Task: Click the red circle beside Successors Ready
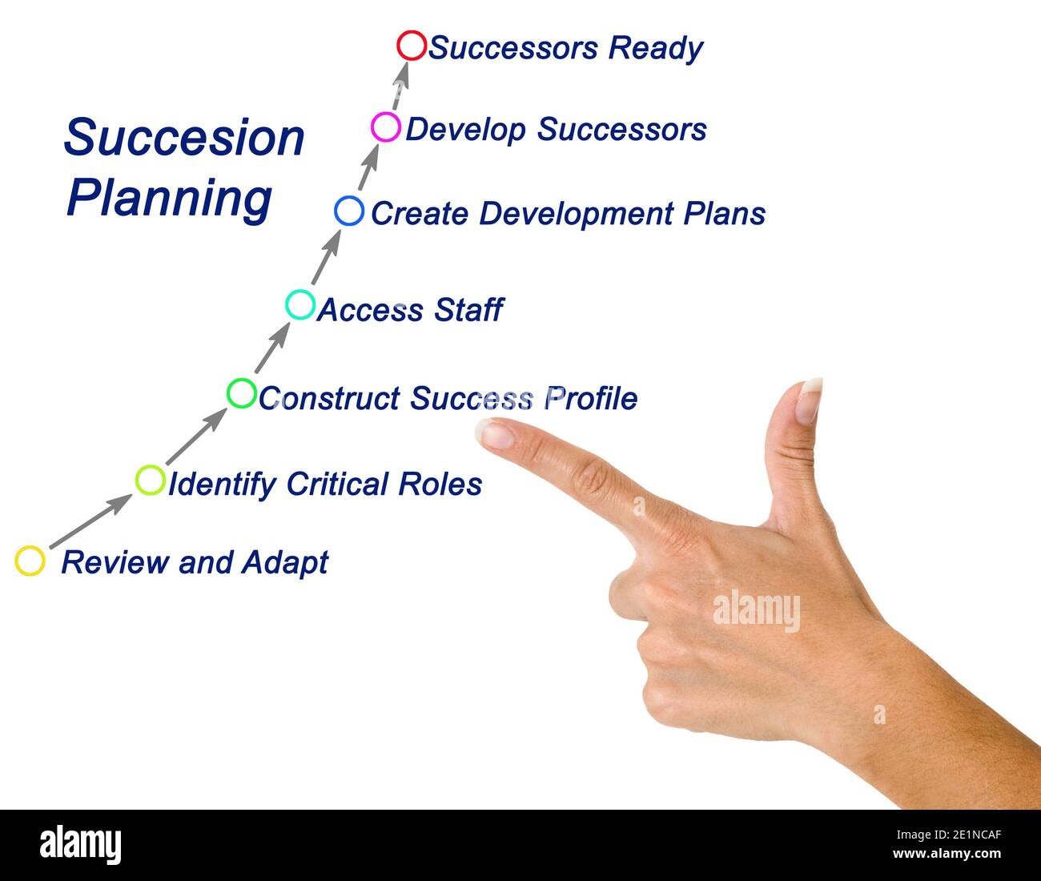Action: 412,46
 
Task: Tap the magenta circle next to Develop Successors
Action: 386,127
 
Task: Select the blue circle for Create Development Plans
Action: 349,211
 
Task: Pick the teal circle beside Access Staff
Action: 300,304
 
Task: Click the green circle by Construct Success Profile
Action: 241,393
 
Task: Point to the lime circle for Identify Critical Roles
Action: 150,480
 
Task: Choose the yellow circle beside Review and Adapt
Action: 30,561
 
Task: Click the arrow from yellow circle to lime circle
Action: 90,521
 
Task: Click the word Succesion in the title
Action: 184,138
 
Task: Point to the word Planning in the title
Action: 169,198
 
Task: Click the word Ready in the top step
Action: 655,48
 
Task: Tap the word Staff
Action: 468,310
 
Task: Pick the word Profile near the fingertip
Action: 591,398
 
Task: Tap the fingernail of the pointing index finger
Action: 495,435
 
